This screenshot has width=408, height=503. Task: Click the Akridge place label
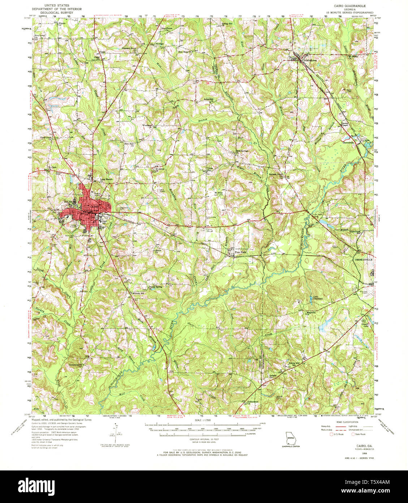point(159,44)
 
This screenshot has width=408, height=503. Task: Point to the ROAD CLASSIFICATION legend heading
point(347,422)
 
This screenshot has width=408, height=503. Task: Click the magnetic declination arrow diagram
point(117,431)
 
